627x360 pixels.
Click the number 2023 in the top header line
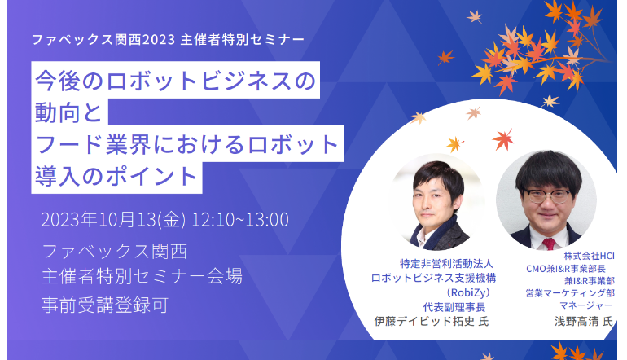click(x=159, y=40)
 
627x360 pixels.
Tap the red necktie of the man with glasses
click(x=548, y=244)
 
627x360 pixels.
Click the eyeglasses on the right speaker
click(x=547, y=195)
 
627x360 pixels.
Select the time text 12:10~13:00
click(x=240, y=220)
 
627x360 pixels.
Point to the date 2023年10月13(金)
click(x=113, y=220)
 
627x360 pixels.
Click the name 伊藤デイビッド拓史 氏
click(x=432, y=321)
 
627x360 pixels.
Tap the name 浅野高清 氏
click(x=584, y=321)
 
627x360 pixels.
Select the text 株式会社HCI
click(x=589, y=256)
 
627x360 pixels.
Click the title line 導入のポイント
click(x=116, y=177)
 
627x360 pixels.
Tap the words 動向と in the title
click(x=68, y=112)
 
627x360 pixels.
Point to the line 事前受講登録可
click(x=105, y=305)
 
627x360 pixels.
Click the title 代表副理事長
click(x=454, y=307)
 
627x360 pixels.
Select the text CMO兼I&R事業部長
click(x=566, y=269)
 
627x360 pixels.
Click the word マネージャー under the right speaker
click(x=585, y=305)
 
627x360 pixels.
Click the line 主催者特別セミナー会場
click(x=142, y=276)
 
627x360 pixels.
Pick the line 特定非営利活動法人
click(x=447, y=264)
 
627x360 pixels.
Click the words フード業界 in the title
click(x=93, y=144)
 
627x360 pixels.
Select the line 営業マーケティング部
click(x=570, y=293)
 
